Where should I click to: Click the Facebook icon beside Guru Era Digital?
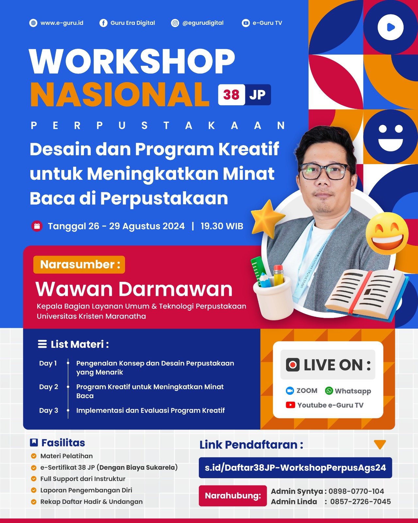(x=103, y=23)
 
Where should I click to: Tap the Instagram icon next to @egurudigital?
(x=175, y=23)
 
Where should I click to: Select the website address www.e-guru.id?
(x=62, y=23)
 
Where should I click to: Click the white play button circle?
(x=390, y=27)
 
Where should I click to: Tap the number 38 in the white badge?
(x=231, y=95)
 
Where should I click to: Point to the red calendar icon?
(x=37, y=226)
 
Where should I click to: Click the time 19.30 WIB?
(x=222, y=226)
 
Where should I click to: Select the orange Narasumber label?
(x=79, y=264)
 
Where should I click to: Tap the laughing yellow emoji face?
(x=387, y=233)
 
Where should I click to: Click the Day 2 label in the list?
(x=49, y=387)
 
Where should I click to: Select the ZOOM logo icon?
(x=290, y=391)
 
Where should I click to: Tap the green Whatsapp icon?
(x=329, y=391)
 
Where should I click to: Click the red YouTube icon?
(x=290, y=405)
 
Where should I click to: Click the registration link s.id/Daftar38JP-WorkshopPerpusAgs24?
(x=295, y=468)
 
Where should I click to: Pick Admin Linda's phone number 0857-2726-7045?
(x=361, y=502)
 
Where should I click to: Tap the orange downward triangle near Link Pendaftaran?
(x=380, y=444)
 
